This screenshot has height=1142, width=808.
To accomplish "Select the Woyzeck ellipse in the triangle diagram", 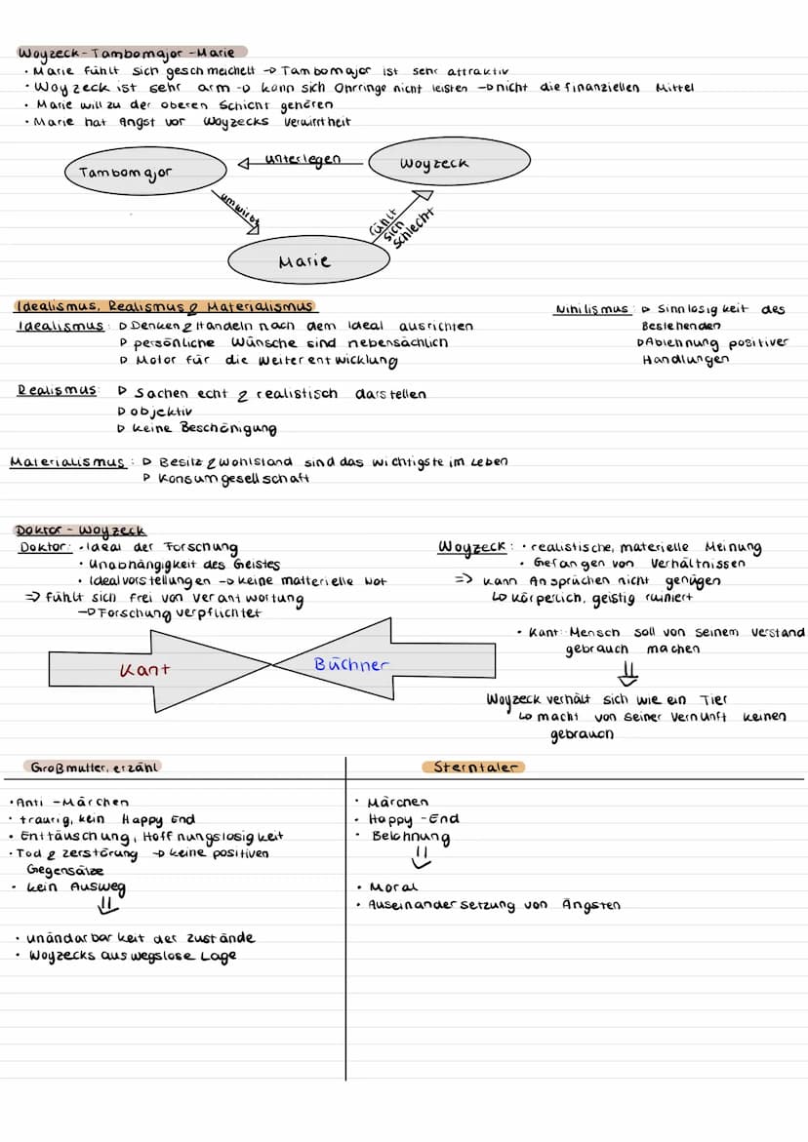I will point(434,164).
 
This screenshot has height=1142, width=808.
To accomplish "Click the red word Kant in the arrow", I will point(144,670).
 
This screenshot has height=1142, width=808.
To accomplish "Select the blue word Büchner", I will point(351,665).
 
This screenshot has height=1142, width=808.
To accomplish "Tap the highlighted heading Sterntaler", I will point(473,768).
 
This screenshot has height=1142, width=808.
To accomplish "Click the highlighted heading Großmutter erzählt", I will point(94,768).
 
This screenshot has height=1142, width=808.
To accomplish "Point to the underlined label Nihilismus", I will point(591,310).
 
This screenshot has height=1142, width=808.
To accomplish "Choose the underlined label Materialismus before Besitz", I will point(67,462).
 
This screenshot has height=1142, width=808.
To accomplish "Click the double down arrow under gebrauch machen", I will point(629,674).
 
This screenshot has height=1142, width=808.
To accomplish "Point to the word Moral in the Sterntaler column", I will point(394,887).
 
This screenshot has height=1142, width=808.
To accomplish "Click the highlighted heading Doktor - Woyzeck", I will point(81,531).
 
